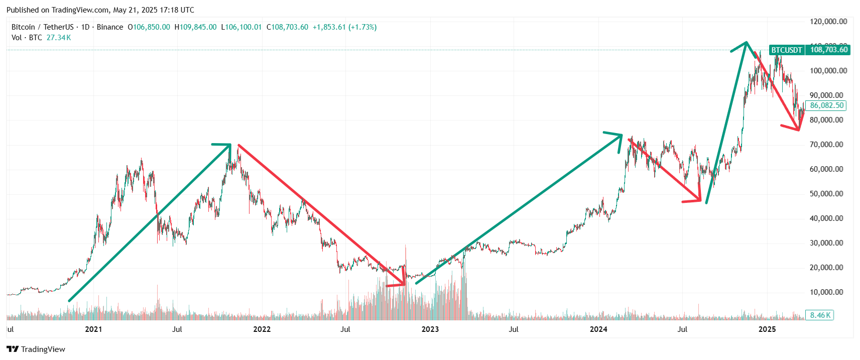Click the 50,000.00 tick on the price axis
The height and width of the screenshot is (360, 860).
click(826, 194)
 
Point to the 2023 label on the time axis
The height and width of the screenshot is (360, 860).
click(430, 329)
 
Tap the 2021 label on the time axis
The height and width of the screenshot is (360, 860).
click(93, 329)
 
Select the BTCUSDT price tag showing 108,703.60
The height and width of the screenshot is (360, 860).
click(809, 50)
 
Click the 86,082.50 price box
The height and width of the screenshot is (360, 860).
click(827, 105)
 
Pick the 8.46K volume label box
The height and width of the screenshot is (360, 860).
click(820, 315)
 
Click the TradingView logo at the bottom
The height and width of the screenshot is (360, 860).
click(36, 349)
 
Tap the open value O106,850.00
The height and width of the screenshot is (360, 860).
click(149, 27)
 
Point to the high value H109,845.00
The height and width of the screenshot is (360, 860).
click(196, 27)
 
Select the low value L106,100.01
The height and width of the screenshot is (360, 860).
click(241, 27)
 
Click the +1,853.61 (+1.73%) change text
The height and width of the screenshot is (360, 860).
click(344, 27)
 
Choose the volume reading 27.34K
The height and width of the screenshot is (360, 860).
click(59, 38)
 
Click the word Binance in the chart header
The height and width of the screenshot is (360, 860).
click(110, 27)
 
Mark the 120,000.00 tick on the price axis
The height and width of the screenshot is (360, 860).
click(828, 22)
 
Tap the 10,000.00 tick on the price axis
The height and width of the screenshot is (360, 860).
click(826, 292)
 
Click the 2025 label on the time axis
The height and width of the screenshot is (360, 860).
click(767, 329)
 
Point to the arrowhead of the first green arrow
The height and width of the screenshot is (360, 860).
click(229, 146)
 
